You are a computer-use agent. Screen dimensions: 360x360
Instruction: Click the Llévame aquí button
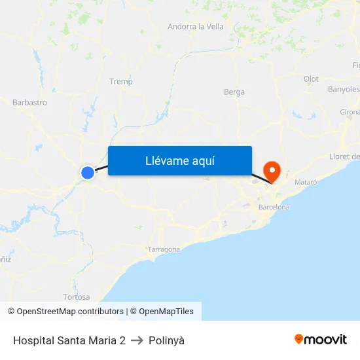click(x=179, y=160)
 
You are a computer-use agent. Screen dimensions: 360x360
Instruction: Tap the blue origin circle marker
click(x=88, y=172)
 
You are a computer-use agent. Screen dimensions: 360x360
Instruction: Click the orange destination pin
click(x=271, y=171)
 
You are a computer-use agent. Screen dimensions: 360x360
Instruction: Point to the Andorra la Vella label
click(x=196, y=27)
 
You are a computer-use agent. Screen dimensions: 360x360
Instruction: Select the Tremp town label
click(x=121, y=82)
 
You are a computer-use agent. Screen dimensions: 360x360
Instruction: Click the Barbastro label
click(x=29, y=102)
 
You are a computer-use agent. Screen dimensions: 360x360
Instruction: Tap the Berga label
click(x=234, y=92)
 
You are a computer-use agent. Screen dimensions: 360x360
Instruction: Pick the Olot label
click(x=311, y=79)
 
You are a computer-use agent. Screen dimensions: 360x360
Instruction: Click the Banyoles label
click(x=344, y=89)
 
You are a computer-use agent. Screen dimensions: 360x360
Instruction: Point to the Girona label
click(x=350, y=112)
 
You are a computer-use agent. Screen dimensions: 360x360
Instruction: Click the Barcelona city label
click(x=274, y=207)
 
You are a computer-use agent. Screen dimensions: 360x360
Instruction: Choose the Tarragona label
click(x=164, y=249)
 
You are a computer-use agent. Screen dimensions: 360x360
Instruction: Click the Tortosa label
click(x=77, y=297)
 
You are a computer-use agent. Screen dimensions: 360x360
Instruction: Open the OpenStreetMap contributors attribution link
click(x=70, y=312)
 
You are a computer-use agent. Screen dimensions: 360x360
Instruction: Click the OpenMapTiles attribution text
click(x=166, y=312)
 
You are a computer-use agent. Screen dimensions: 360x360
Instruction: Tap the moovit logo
click(x=321, y=339)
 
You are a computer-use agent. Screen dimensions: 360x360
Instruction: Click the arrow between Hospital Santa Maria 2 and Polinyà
click(x=137, y=340)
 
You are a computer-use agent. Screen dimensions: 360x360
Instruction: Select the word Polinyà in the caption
click(x=167, y=340)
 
